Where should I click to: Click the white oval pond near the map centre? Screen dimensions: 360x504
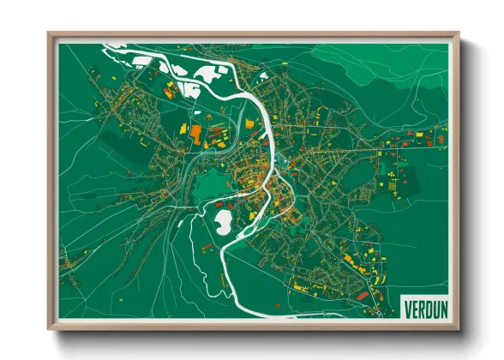pos(221,223)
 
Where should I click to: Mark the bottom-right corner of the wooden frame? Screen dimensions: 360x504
pos(459,328)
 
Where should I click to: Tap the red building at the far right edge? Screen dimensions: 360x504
pos(441,137)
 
